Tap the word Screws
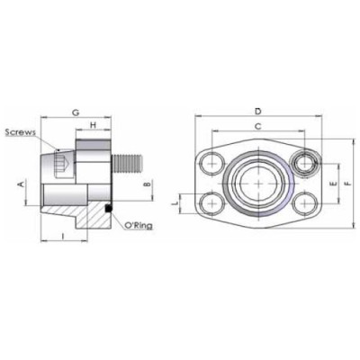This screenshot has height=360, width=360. (x=19, y=132)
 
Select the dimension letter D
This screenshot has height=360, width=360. (x=257, y=112)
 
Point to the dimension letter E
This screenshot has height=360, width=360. (x=334, y=184)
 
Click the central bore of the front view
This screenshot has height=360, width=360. (x=257, y=184)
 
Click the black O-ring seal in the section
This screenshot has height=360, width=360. (x=107, y=209)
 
